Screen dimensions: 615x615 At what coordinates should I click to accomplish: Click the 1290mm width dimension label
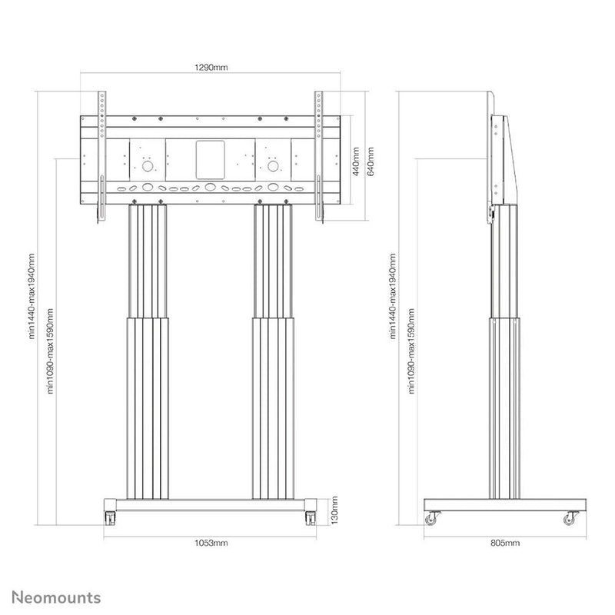tap(211, 67)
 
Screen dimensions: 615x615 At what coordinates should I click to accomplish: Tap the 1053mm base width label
tap(211, 543)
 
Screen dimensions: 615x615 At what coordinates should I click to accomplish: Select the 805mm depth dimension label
tap(505, 543)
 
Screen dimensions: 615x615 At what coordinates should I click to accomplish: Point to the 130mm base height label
tap(334, 510)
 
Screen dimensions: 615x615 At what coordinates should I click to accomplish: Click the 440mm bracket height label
tap(356, 161)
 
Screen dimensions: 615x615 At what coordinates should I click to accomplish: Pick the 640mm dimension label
tap(371, 161)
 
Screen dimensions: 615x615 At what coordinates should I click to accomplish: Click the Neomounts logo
tap(56, 598)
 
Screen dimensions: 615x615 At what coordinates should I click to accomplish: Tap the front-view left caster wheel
tap(110, 518)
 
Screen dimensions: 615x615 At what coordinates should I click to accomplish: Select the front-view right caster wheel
tap(311, 518)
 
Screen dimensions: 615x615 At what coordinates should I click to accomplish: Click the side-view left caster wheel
tap(430, 520)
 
